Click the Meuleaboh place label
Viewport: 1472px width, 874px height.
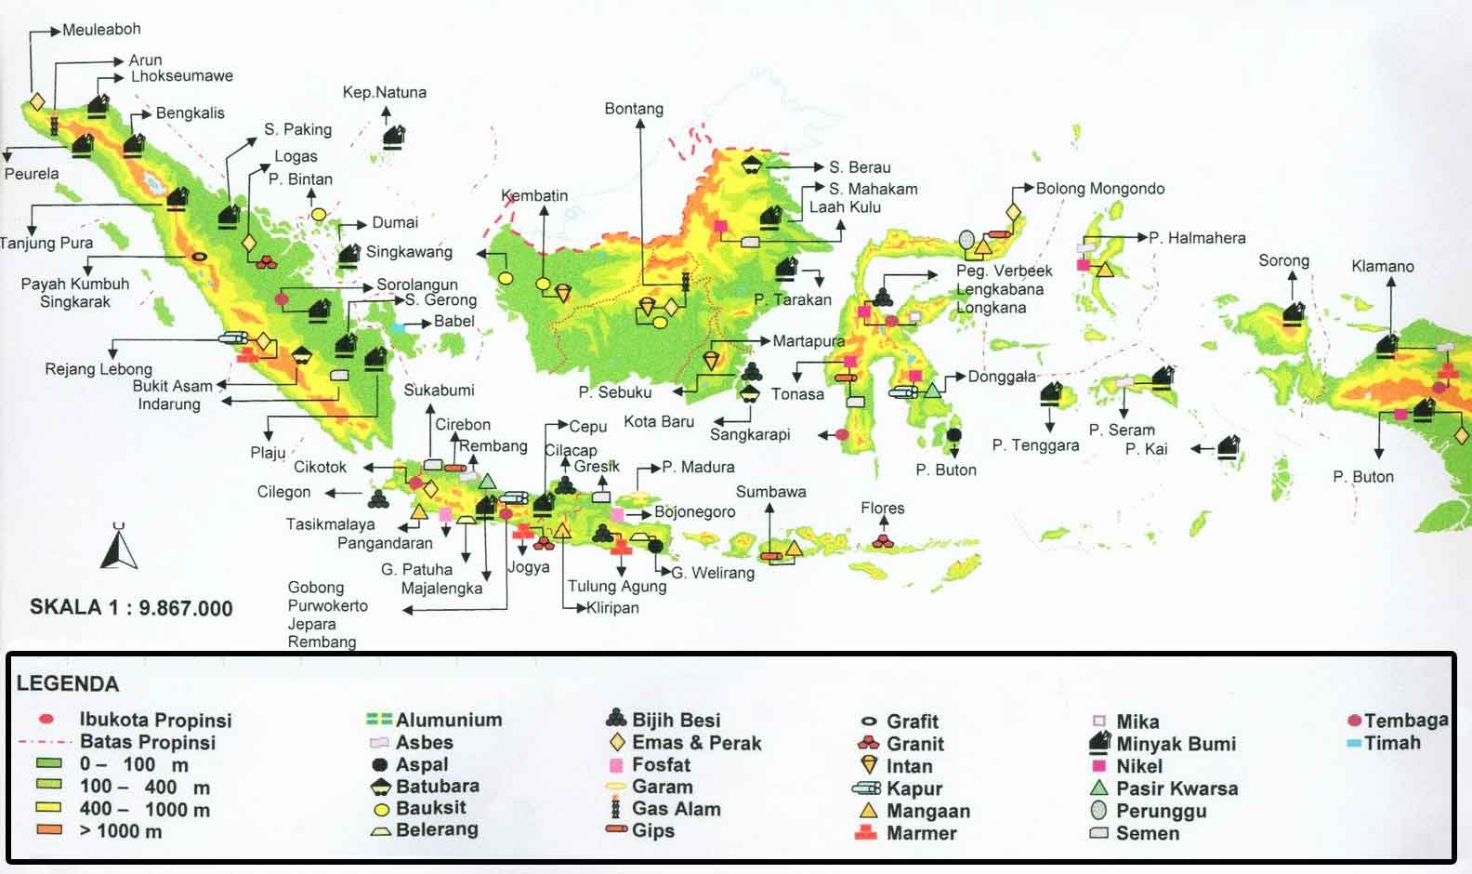[101, 30]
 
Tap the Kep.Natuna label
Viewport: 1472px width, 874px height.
[384, 92]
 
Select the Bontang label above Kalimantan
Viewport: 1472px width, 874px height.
[634, 109]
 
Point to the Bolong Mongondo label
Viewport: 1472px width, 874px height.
[1099, 189]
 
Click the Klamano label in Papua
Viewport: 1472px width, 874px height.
[1382, 267]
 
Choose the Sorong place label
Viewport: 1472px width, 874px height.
[1283, 261]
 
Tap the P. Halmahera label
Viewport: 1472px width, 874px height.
[1197, 238]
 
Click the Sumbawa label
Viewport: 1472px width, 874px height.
[770, 492]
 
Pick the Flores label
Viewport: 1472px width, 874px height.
[882, 509]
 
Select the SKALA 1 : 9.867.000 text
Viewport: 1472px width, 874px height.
[131, 608]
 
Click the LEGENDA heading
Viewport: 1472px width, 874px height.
[68, 684]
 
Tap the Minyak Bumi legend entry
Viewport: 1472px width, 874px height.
[1175, 744]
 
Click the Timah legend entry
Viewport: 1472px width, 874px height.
[1391, 743]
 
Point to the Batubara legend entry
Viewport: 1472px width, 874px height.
[437, 787]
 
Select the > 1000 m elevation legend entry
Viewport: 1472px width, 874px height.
[120, 831]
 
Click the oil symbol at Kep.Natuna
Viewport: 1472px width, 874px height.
[394, 137]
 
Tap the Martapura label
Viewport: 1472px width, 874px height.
[808, 341]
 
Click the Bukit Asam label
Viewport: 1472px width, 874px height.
[172, 386]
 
